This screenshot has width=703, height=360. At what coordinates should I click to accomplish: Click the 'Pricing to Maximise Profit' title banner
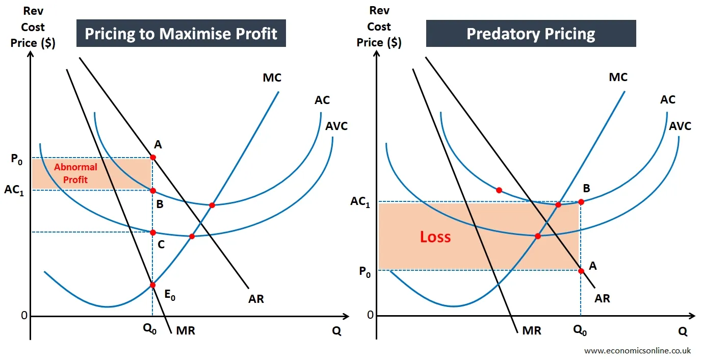click(x=181, y=34)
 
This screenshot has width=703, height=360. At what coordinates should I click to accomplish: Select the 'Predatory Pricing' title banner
click(x=531, y=34)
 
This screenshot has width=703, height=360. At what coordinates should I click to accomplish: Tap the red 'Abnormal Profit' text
click(x=75, y=173)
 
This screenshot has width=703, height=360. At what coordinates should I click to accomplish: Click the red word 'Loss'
click(x=435, y=237)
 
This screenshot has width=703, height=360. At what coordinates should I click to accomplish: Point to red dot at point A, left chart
click(x=152, y=157)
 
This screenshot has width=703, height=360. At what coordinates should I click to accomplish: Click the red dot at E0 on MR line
click(x=152, y=285)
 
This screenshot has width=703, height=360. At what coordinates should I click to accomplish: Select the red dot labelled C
click(x=152, y=233)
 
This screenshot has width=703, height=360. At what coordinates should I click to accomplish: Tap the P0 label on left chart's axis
click(x=17, y=158)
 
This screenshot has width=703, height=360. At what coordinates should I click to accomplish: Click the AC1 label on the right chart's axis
click(x=361, y=201)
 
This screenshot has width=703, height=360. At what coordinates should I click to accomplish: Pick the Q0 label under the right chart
click(x=580, y=330)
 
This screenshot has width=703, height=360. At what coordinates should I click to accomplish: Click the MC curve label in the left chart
click(x=272, y=78)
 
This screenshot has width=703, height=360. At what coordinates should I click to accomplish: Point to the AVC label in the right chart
click(x=680, y=125)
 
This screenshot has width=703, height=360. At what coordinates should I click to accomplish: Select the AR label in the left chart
click(x=256, y=299)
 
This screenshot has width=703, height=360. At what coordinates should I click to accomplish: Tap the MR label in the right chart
click(x=531, y=331)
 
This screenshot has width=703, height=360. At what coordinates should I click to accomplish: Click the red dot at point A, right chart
click(x=581, y=271)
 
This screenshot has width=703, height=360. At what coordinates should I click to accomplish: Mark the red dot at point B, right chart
click(x=581, y=201)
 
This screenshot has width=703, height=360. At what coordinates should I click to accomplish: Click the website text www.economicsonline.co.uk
click(x=637, y=351)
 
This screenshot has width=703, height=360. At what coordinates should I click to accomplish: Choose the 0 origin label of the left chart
click(x=23, y=316)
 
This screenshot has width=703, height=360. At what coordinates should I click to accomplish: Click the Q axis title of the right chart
click(x=682, y=331)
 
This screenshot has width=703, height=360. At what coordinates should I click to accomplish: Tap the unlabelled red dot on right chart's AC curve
click(x=499, y=190)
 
